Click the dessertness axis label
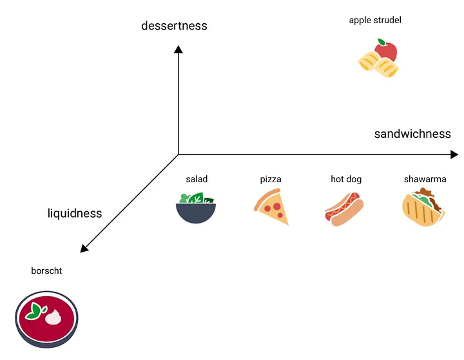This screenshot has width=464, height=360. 174,26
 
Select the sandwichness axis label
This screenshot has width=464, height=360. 412,134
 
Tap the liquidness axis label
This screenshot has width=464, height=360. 75,213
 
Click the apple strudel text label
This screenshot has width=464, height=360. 375,20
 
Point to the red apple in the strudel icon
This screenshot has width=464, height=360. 386,50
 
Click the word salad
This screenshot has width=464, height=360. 197,179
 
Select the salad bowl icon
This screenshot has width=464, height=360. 196,207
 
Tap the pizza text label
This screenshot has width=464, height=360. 271,179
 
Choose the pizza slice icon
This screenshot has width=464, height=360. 271,207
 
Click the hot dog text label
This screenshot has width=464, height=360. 346,179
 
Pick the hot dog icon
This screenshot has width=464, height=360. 344,209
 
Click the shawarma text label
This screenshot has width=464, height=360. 425,179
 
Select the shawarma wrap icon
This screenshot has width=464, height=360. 423,208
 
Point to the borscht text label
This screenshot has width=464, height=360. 46,271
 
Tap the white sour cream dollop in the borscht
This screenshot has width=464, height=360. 54,316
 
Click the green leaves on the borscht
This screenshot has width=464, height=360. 36,310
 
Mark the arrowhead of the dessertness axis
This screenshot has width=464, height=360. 179,49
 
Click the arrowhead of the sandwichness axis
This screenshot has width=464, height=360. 454,155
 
